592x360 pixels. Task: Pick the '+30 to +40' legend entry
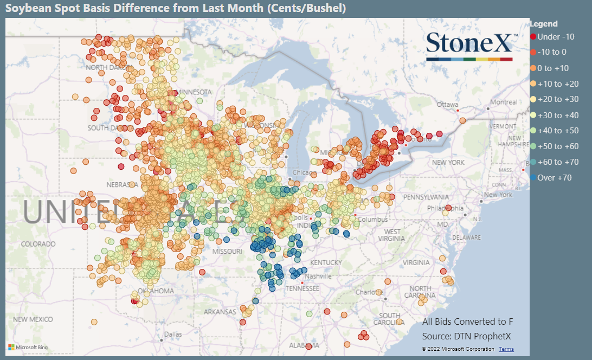(x=558, y=115)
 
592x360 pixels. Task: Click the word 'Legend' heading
(x=544, y=24)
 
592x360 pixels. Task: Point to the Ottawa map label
(x=447, y=104)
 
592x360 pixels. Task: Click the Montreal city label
(x=503, y=102)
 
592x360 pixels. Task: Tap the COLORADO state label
(x=38, y=244)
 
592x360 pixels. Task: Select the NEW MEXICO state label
(x=33, y=319)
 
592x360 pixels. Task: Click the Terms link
(x=506, y=349)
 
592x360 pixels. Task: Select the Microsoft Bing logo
(x=28, y=347)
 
